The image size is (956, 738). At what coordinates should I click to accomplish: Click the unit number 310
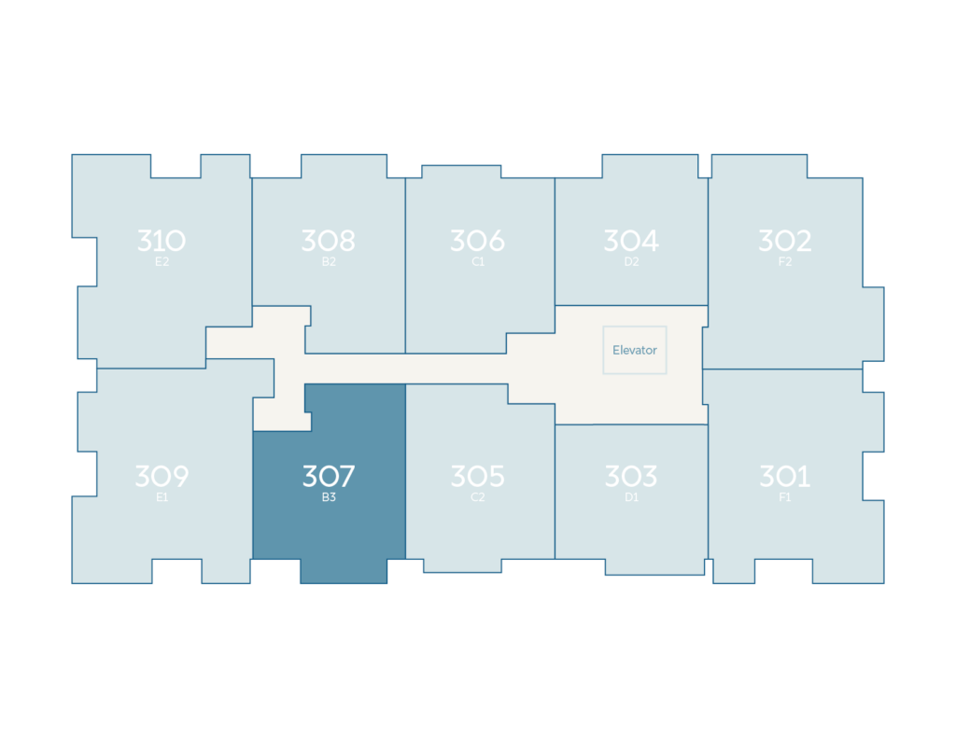(162, 241)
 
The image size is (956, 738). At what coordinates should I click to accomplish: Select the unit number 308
(329, 241)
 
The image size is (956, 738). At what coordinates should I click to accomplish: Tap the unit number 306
(477, 241)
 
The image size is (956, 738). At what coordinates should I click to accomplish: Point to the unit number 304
(631, 241)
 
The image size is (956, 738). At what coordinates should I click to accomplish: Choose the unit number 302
(784, 241)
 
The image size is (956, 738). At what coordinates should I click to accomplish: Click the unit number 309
(162, 476)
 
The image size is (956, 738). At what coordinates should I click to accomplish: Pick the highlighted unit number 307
(329, 476)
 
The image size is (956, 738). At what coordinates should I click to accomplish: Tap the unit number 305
(477, 476)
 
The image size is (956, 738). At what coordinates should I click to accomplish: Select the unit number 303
(631, 476)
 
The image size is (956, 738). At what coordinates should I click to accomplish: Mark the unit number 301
(784, 476)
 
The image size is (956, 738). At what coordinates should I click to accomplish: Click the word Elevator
(635, 351)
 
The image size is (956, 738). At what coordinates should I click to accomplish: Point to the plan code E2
(162, 262)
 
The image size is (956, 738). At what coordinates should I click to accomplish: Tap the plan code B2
(329, 262)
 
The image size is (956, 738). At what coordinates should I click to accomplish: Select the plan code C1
(478, 262)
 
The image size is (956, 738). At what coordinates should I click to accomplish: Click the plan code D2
(632, 262)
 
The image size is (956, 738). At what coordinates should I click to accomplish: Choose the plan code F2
(784, 262)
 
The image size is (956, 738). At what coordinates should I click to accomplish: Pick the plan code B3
(329, 497)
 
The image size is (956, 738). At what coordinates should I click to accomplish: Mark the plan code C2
(478, 497)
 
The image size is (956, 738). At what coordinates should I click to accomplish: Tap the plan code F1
(784, 497)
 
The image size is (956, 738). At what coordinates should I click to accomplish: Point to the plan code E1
(162, 497)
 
